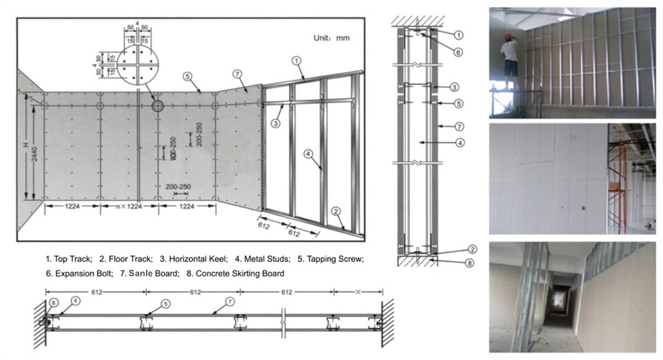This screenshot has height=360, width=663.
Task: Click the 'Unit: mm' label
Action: (x=331, y=38)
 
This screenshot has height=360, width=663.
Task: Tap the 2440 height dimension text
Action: (x=34, y=154)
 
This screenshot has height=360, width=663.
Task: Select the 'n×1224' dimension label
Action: (x=129, y=206)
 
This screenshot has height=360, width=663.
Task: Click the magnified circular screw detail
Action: (x=138, y=64)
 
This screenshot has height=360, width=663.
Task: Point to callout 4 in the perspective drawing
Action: (x=308, y=154)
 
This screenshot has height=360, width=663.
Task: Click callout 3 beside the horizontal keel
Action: (x=276, y=123)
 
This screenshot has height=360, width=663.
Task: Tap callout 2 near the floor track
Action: (x=335, y=211)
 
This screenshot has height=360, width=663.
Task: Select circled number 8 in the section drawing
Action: (x=469, y=263)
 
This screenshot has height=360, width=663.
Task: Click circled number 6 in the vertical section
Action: (x=458, y=52)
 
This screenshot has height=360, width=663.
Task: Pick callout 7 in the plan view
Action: (x=229, y=302)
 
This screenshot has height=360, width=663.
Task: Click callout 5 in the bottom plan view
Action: (x=165, y=304)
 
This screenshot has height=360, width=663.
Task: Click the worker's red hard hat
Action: (x=508, y=37)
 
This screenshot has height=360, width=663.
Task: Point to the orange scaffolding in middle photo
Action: (x=617, y=186)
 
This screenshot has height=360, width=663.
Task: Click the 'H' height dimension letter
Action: (x=26, y=145)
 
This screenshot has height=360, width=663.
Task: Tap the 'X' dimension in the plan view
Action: (x=358, y=292)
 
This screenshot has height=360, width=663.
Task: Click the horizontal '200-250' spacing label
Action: (x=178, y=186)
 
